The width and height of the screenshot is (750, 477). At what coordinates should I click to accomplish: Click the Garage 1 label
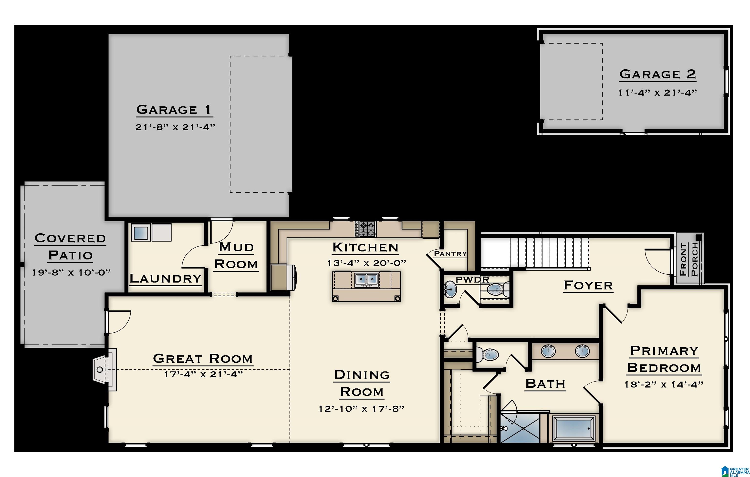174,110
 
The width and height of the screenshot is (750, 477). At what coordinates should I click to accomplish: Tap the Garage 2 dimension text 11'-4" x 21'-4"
657,93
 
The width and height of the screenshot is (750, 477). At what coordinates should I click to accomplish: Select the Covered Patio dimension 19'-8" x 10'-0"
71,272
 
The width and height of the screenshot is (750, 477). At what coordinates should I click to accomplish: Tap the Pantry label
450,253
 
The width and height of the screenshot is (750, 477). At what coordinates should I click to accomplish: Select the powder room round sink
449,289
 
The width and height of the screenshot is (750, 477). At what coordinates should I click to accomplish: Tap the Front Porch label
689,259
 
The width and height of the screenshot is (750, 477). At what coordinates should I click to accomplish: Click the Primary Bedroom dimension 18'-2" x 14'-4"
664,384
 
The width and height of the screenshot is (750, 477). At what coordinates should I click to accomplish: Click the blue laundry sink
140,232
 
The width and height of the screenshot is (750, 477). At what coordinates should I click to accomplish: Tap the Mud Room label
236,256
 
